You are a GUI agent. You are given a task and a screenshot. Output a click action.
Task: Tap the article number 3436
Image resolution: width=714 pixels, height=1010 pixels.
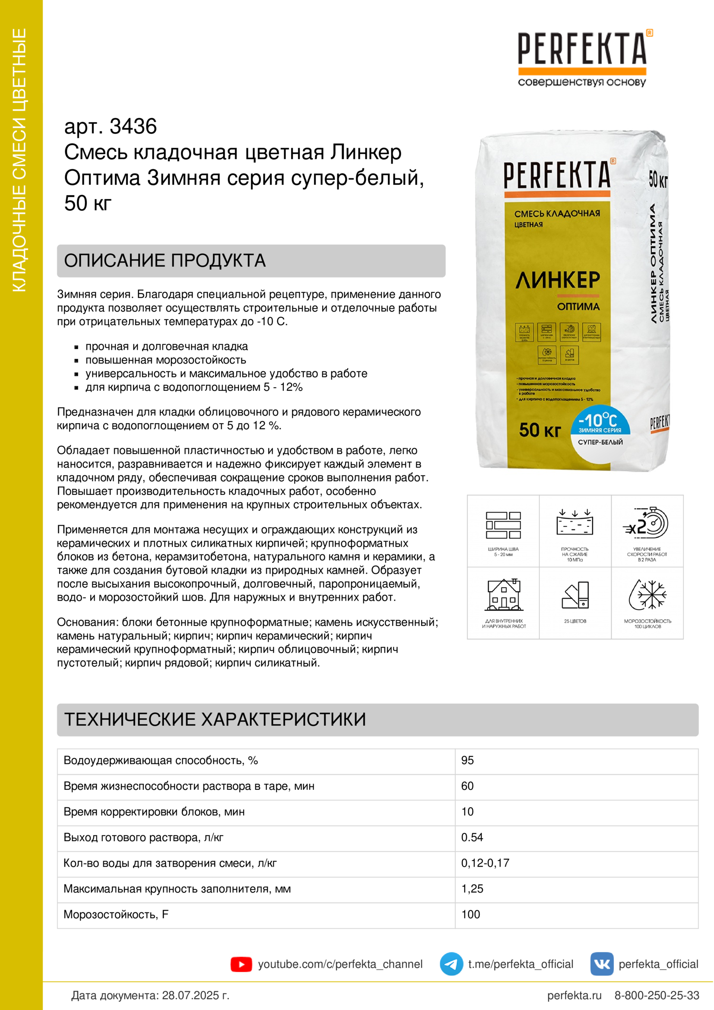click(x=133, y=127)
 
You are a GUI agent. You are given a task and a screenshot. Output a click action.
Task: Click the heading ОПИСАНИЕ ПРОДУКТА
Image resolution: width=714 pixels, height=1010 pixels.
click(x=165, y=261)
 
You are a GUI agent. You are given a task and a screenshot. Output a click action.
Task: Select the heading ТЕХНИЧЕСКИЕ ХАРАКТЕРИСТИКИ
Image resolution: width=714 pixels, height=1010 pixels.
click(x=215, y=720)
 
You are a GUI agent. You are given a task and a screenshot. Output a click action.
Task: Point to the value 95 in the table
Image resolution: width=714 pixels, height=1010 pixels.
click(x=467, y=760)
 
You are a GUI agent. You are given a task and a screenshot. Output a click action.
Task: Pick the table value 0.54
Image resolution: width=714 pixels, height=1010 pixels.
click(x=472, y=838)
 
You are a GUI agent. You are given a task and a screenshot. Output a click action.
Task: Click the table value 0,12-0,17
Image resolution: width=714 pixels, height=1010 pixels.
click(x=485, y=863)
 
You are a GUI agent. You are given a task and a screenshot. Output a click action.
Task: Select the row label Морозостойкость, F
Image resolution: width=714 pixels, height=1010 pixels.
click(x=116, y=915)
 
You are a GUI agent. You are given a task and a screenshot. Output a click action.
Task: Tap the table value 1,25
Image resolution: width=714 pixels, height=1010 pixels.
click(x=472, y=889)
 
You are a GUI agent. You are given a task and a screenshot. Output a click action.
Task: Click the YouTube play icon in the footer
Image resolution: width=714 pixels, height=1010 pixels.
click(x=241, y=964)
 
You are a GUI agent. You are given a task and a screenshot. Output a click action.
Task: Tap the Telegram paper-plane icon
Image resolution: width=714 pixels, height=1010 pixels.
click(x=451, y=964)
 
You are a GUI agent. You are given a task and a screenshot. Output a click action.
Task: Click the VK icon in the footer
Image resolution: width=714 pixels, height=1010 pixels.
click(x=601, y=964)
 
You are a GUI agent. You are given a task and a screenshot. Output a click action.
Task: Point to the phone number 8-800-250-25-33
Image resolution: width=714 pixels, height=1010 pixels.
click(x=657, y=995)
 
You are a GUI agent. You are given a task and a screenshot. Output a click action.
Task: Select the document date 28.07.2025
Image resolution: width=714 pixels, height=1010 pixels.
click(x=195, y=995)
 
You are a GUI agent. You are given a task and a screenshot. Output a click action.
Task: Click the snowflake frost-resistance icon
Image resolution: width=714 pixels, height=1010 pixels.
click(x=647, y=595)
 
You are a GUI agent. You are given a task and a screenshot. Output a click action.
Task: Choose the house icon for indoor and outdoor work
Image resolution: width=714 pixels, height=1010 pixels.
click(x=504, y=595)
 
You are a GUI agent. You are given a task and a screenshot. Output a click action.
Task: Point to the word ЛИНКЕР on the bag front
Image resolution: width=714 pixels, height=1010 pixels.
click(x=557, y=280)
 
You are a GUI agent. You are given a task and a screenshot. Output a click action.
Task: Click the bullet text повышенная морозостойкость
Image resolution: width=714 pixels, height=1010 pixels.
click(x=165, y=360)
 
